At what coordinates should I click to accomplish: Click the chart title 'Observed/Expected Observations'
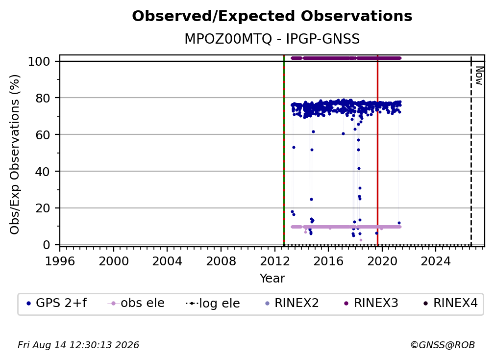[x=272, y=16]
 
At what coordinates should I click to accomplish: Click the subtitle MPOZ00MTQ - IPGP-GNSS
[x=272, y=39]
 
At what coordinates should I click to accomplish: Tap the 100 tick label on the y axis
[x=39, y=61]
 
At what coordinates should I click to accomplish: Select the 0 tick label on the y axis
[x=46, y=245]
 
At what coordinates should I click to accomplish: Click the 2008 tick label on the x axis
[x=221, y=261]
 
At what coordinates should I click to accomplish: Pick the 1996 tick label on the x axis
[x=60, y=261]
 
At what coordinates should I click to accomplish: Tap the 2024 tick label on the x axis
[x=436, y=261]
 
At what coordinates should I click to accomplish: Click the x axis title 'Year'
[x=272, y=279]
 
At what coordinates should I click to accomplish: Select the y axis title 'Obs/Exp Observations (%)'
[x=15, y=154]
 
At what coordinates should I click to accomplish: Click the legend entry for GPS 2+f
[x=57, y=303]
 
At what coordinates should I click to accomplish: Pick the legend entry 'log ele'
[x=213, y=304]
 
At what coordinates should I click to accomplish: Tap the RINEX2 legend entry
[x=292, y=303]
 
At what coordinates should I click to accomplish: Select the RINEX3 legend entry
[x=371, y=303]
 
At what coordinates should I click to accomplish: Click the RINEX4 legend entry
[x=450, y=303]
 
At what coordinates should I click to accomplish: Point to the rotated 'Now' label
[x=479, y=76]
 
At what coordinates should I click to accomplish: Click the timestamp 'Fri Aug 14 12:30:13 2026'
[x=78, y=345]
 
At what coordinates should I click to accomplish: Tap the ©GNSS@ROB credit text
[x=443, y=345]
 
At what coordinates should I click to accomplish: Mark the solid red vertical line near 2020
[x=377, y=151]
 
